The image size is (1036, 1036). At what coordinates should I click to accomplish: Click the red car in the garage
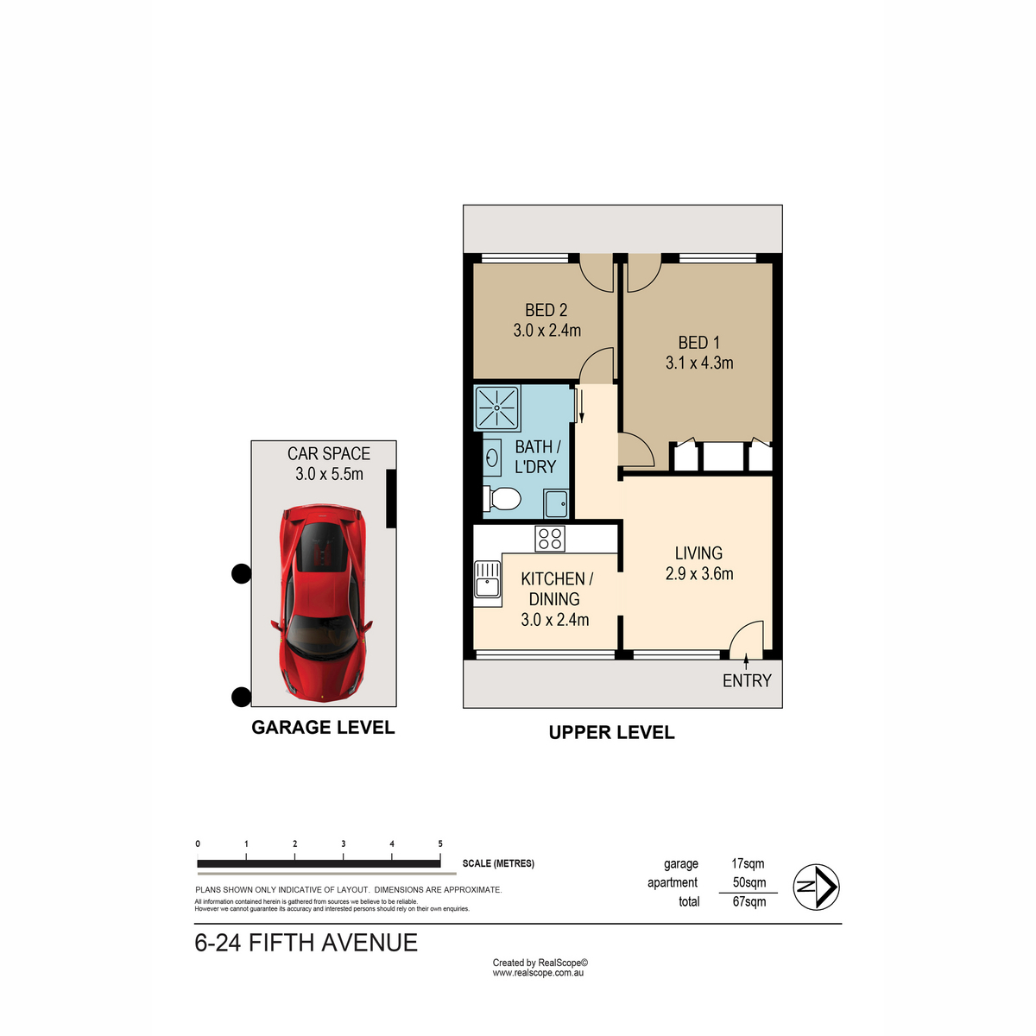pyautogui.click(x=325, y=603)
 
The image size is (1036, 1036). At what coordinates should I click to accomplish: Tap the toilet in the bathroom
pyautogui.click(x=502, y=499)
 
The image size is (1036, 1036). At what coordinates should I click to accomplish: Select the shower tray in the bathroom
pyautogui.click(x=496, y=408)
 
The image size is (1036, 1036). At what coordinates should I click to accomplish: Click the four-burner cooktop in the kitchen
pyautogui.click(x=549, y=538)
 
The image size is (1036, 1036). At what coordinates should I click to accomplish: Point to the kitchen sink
pyautogui.click(x=487, y=579)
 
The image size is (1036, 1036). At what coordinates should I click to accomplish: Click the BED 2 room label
pyautogui.click(x=546, y=310)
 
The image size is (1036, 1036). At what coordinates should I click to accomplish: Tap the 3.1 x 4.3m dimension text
pyautogui.click(x=699, y=363)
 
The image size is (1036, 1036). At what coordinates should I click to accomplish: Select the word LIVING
pyautogui.click(x=698, y=553)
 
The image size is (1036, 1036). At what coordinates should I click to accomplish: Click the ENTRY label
pyautogui.click(x=747, y=681)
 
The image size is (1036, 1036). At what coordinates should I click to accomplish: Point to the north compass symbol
pyautogui.click(x=816, y=887)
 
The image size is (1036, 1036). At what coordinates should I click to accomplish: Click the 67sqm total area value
pyautogui.click(x=749, y=901)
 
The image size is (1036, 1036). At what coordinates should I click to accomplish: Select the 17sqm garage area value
pyautogui.click(x=748, y=863)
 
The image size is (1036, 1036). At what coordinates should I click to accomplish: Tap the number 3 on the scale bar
pyautogui.click(x=343, y=843)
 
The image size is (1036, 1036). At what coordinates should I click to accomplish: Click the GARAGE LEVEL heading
pyautogui.click(x=323, y=728)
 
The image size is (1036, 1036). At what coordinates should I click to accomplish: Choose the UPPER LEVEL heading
pyautogui.click(x=611, y=732)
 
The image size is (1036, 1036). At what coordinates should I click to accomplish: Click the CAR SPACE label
pyautogui.click(x=328, y=454)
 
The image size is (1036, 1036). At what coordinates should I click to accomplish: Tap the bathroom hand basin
pyautogui.click(x=491, y=458)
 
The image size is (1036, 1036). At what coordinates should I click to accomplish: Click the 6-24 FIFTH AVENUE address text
pyautogui.click(x=306, y=943)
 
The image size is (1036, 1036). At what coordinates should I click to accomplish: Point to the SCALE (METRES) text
pyautogui.click(x=498, y=863)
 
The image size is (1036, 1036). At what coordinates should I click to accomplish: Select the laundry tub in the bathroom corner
pyautogui.click(x=555, y=503)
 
